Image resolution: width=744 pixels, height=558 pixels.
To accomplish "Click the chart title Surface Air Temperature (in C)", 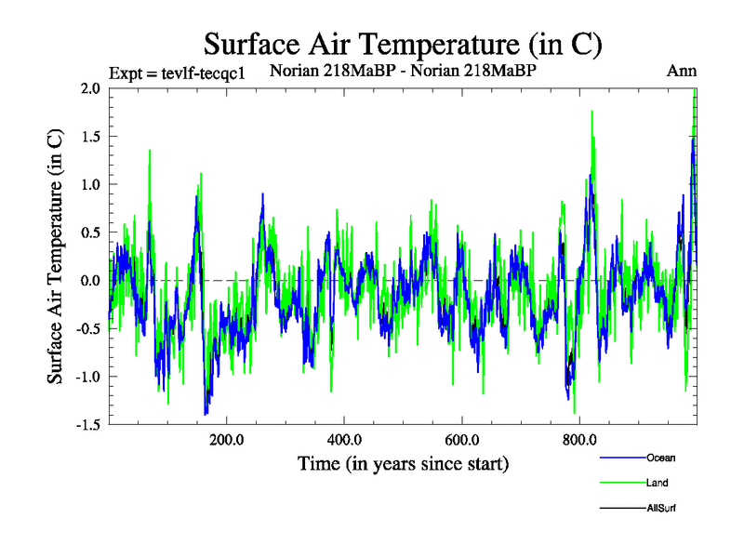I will point(403,45).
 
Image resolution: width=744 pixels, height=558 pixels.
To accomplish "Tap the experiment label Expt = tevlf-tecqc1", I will point(177,73).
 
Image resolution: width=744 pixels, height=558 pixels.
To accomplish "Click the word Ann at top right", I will point(682,71).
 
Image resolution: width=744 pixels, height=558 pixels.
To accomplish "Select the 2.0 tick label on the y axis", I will point(90,88).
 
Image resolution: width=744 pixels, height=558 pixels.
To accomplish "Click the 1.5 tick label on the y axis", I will point(90,137).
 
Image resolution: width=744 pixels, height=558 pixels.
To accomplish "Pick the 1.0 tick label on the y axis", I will point(90,184).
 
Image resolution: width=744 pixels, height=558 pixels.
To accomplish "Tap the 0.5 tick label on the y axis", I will point(90,232).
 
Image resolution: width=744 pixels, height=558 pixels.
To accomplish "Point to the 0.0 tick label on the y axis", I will point(90,281).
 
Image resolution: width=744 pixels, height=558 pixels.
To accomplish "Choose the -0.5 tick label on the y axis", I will point(87,328).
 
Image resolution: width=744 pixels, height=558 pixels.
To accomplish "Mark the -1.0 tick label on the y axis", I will point(87,377).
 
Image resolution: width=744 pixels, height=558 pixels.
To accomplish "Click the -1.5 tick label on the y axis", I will point(87,425).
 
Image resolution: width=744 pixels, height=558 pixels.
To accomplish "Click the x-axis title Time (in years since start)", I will point(403,463).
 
